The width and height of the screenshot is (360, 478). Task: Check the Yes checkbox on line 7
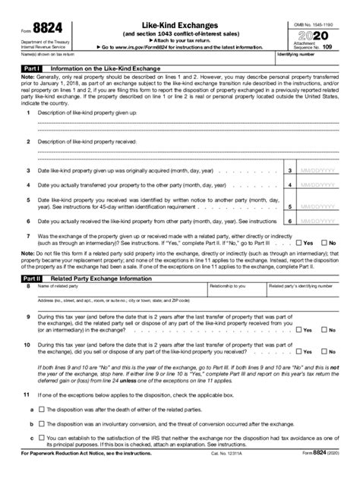coord(302,242)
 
